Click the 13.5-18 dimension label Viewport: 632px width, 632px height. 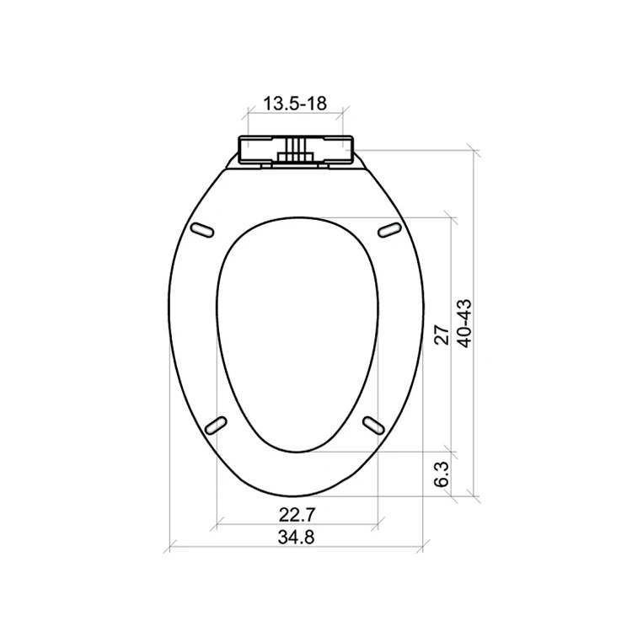click(294, 104)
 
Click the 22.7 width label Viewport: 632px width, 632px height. click(297, 513)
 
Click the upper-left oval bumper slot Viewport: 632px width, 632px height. click(202, 229)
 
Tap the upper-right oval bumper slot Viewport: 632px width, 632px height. click(388, 229)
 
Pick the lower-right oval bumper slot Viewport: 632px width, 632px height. click(374, 424)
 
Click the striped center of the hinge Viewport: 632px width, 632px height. click(295, 153)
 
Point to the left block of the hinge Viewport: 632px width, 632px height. click(259, 150)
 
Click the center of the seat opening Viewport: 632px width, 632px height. click(295, 333)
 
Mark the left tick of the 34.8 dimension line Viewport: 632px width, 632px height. click(169, 549)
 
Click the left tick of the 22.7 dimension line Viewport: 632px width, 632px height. click(217, 524)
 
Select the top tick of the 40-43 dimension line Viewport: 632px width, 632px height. click(474, 152)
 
